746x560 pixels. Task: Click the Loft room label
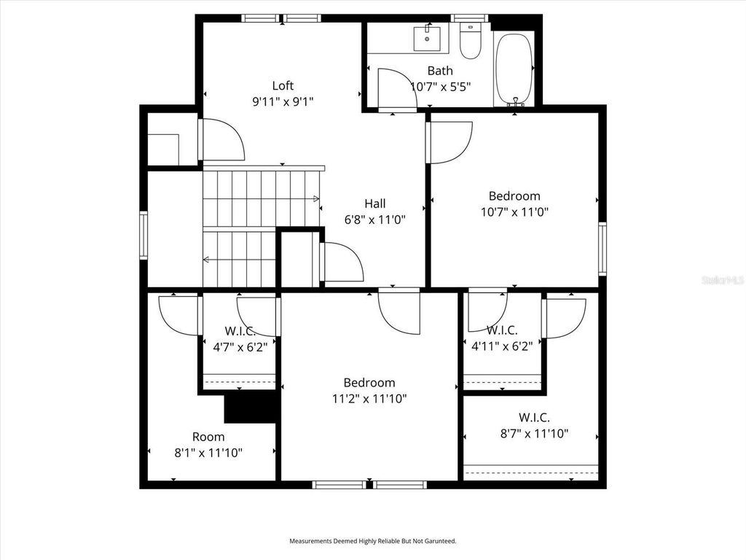click(x=283, y=85)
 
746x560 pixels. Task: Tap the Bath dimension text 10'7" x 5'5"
click(x=441, y=86)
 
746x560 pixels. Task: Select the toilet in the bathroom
click(x=471, y=42)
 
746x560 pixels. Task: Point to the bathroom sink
click(x=424, y=37)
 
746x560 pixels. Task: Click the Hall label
click(x=375, y=203)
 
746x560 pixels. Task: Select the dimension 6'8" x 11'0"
click(x=375, y=219)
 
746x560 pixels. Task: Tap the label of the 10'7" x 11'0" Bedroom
click(x=514, y=195)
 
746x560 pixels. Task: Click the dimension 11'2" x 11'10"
click(x=369, y=399)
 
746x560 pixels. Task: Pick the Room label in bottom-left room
click(x=208, y=437)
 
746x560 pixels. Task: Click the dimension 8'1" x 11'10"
click(x=208, y=452)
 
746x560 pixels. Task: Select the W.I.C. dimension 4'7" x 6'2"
click(x=240, y=347)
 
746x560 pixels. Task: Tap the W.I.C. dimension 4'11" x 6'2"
click(x=502, y=346)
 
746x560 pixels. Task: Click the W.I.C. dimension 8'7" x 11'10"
click(x=534, y=434)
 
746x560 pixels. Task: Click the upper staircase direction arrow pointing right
click(x=315, y=198)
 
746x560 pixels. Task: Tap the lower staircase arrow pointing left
click(x=207, y=259)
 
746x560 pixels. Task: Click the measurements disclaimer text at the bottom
click(x=372, y=541)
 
